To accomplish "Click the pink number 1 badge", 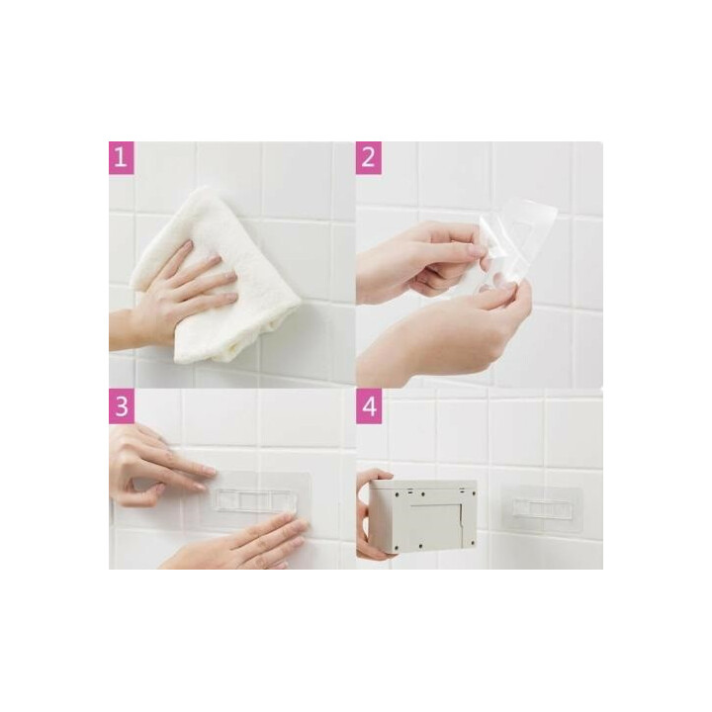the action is click(x=122, y=157).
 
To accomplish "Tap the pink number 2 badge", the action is click(x=368, y=157).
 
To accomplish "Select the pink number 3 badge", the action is click(x=122, y=406).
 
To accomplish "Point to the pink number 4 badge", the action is click(x=368, y=406).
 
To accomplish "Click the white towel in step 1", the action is click(x=214, y=277).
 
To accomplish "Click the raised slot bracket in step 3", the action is click(x=256, y=500).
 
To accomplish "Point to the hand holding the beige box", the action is click(x=373, y=515).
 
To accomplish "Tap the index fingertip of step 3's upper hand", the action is click(x=210, y=473).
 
